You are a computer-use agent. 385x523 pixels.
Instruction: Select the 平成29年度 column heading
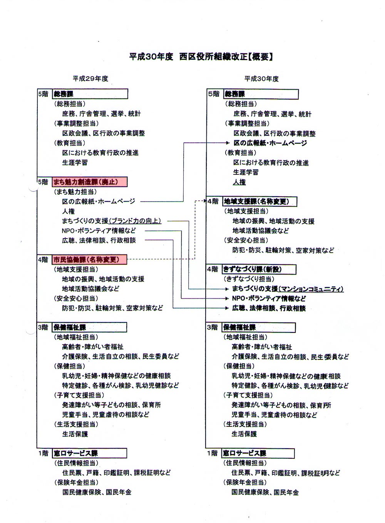coord(90,79)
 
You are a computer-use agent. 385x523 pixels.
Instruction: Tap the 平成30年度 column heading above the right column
coord(261,79)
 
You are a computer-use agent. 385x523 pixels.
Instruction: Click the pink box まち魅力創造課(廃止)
coord(90,182)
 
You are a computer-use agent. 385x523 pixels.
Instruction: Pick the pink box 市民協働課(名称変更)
coord(89,260)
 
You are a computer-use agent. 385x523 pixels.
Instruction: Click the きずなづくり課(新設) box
coord(254,269)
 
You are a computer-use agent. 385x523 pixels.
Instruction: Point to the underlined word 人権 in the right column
coord(239,182)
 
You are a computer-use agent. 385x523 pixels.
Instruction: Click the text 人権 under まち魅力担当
coord(68,211)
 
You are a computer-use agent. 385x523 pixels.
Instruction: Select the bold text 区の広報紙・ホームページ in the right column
coord(270,143)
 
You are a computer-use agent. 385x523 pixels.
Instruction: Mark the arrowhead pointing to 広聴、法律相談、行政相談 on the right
coord(227,308)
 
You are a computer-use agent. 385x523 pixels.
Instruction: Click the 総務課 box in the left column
coord(90,94)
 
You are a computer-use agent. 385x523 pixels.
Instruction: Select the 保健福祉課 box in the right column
coord(259,328)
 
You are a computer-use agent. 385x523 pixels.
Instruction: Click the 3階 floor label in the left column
coord(43,328)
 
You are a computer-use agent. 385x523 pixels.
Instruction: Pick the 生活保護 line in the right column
coord(244,434)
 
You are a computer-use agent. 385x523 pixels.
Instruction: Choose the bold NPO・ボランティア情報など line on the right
coord(269,298)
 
